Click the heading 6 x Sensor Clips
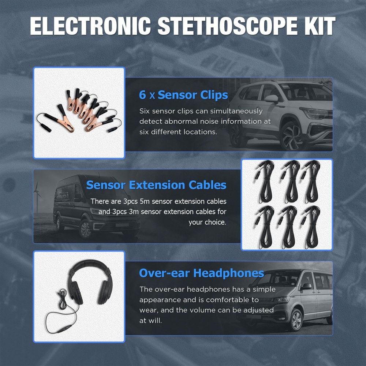point(183,95)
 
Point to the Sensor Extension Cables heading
point(156,185)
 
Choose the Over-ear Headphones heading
point(201,273)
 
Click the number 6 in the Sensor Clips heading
point(142,95)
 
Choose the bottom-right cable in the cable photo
point(311,227)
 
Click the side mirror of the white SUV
point(271,98)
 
